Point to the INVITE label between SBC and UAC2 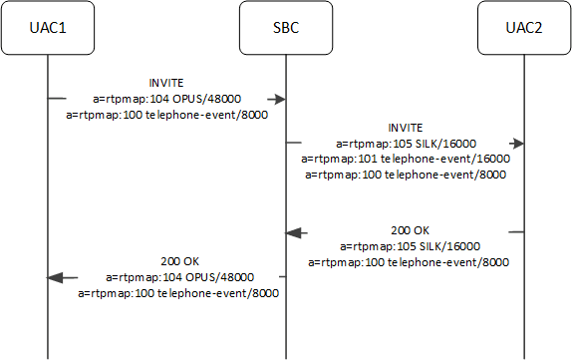(405, 128)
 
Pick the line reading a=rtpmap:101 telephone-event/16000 (405, 159)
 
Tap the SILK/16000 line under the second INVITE (405, 144)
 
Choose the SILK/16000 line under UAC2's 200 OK (410, 246)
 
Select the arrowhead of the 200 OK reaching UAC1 (56, 277)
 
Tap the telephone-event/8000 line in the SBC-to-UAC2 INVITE (405, 175)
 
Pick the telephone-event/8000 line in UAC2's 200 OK (410, 262)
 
